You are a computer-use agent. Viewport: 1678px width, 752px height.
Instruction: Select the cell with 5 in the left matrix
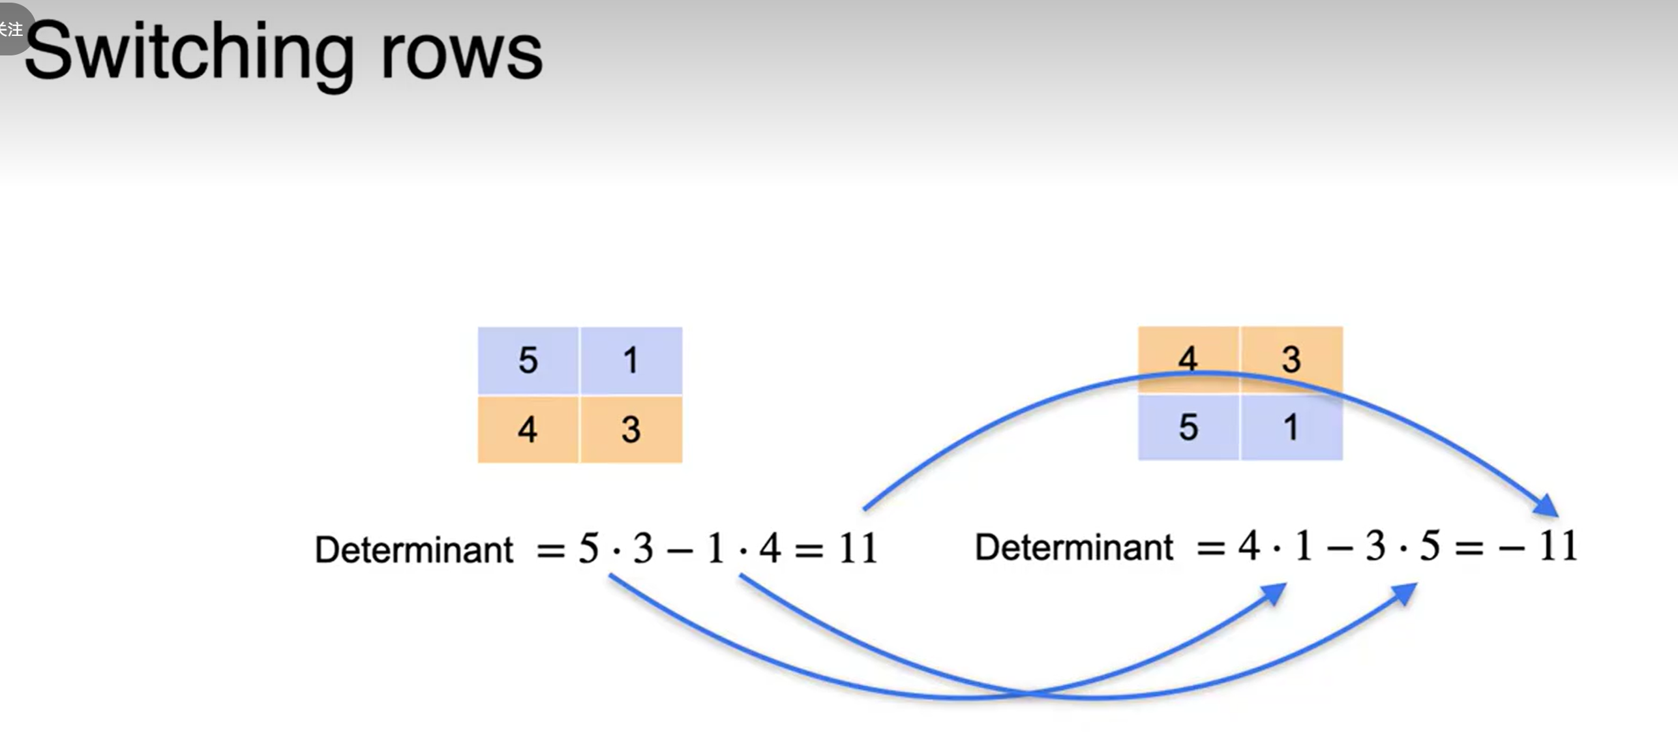(528, 360)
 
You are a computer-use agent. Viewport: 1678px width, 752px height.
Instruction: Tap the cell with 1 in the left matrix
(631, 360)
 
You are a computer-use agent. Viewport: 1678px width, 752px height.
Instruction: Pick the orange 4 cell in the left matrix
(528, 429)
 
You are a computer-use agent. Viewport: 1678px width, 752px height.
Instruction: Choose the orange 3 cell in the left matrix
(631, 429)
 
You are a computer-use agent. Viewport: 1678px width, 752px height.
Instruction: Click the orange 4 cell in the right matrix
(1188, 358)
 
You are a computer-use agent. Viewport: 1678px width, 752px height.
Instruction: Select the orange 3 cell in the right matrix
(1291, 358)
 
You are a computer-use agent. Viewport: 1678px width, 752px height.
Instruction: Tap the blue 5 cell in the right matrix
(1188, 428)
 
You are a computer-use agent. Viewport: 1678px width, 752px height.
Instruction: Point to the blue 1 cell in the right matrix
(1291, 428)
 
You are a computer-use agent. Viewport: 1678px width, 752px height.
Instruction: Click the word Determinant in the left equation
(413, 549)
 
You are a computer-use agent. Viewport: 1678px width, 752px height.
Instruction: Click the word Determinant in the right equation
(1073, 547)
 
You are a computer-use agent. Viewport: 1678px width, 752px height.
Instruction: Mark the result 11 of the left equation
(858, 548)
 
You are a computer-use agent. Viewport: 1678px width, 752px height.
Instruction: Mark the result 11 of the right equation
(1557, 546)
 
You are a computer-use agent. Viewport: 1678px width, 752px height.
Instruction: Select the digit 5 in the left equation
(588, 548)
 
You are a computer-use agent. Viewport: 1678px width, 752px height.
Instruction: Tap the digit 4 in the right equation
(1249, 546)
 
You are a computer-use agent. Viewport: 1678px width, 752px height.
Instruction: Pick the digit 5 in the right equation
(1430, 546)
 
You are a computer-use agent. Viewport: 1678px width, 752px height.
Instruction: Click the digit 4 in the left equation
(770, 548)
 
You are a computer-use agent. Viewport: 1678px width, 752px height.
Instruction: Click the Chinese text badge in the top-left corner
(12, 29)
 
